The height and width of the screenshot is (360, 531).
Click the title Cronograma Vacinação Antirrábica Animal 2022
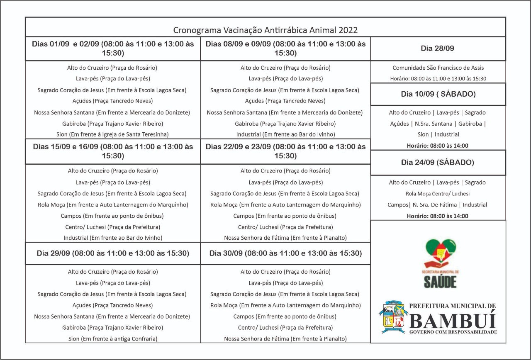coord(265,30)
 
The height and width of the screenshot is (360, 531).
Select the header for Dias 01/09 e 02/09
coord(113,48)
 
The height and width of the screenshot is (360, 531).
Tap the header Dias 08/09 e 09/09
coord(285,48)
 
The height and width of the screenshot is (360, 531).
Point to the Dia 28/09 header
coord(437,49)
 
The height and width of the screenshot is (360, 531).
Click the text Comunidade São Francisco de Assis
coord(438,68)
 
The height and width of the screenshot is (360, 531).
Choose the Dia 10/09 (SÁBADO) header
coord(438,94)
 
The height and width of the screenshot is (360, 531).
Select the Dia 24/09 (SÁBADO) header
coord(437,162)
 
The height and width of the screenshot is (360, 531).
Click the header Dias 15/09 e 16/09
coord(113,151)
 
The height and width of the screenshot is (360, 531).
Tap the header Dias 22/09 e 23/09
coord(285,151)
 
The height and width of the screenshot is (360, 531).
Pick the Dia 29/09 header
coord(113,253)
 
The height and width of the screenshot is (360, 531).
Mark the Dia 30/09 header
coord(285,253)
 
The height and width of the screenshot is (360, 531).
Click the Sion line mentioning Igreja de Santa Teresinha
coord(112,134)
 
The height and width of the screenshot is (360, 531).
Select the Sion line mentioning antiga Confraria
coord(112,339)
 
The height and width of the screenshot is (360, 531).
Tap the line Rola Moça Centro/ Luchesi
coord(438,194)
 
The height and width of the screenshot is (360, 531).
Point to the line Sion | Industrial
coord(438,134)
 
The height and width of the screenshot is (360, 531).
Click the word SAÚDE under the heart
coord(440,282)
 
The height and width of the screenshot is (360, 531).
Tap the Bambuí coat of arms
coord(392,318)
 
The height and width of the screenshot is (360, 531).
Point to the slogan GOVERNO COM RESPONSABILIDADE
coord(453,332)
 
